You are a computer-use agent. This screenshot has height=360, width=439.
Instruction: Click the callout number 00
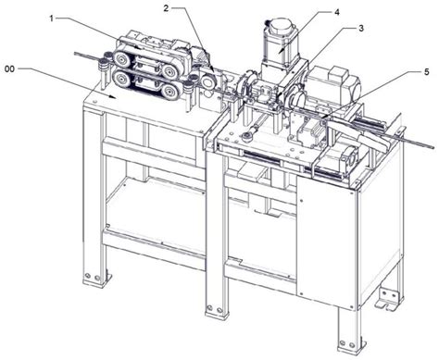[x=10, y=69]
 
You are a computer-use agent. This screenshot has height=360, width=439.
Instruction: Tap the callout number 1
[x=52, y=19]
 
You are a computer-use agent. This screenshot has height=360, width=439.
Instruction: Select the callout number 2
[x=166, y=8]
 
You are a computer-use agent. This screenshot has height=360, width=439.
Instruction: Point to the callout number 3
[x=360, y=29]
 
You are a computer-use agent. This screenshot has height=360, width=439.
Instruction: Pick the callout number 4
[x=336, y=12]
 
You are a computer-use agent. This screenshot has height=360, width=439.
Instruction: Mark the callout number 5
[x=426, y=72]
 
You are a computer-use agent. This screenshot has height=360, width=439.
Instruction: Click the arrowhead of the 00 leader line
[x=113, y=97]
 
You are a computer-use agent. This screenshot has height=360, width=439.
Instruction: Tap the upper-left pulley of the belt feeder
[x=120, y=57]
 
